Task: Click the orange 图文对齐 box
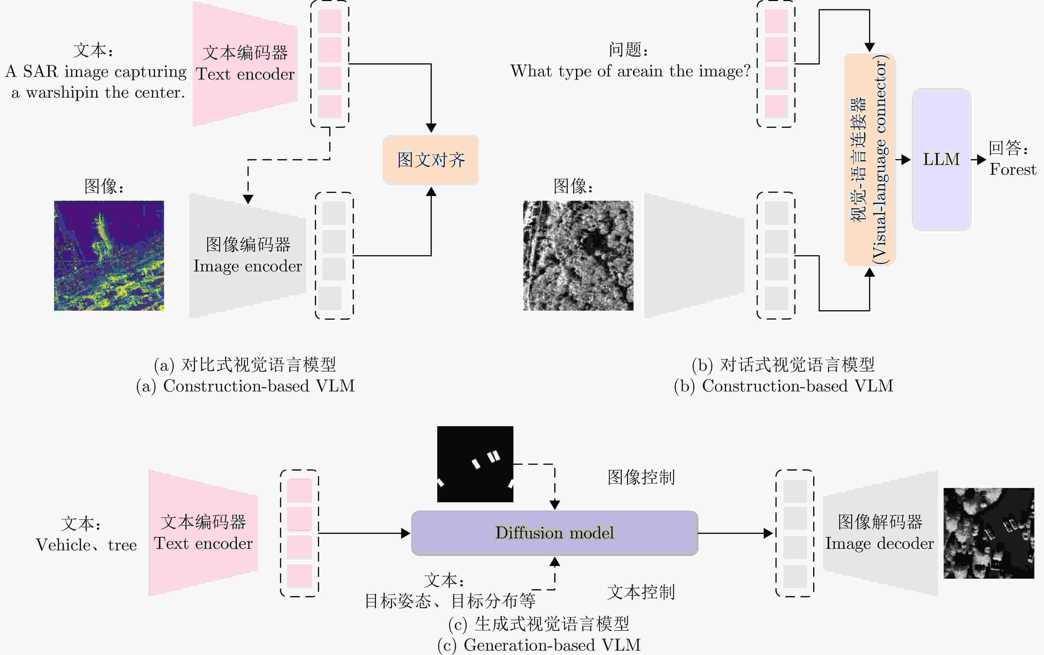[x=430, y=160]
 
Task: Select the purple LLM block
[x=941, y=159]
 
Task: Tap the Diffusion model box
[x=554, y=533]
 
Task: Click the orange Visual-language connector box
[x=869, y=159]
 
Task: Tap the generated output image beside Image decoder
[x=989, y=533]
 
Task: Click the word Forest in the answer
[x=1012, y=169]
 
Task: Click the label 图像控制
[x=641, y=477]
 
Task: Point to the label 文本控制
[x=641, y=592]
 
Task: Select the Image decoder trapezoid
[x=880, y=533]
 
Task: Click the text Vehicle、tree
[x=86, y=545]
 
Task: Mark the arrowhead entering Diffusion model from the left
[x=406, y=533]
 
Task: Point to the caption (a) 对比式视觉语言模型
[x=245, y=365]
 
